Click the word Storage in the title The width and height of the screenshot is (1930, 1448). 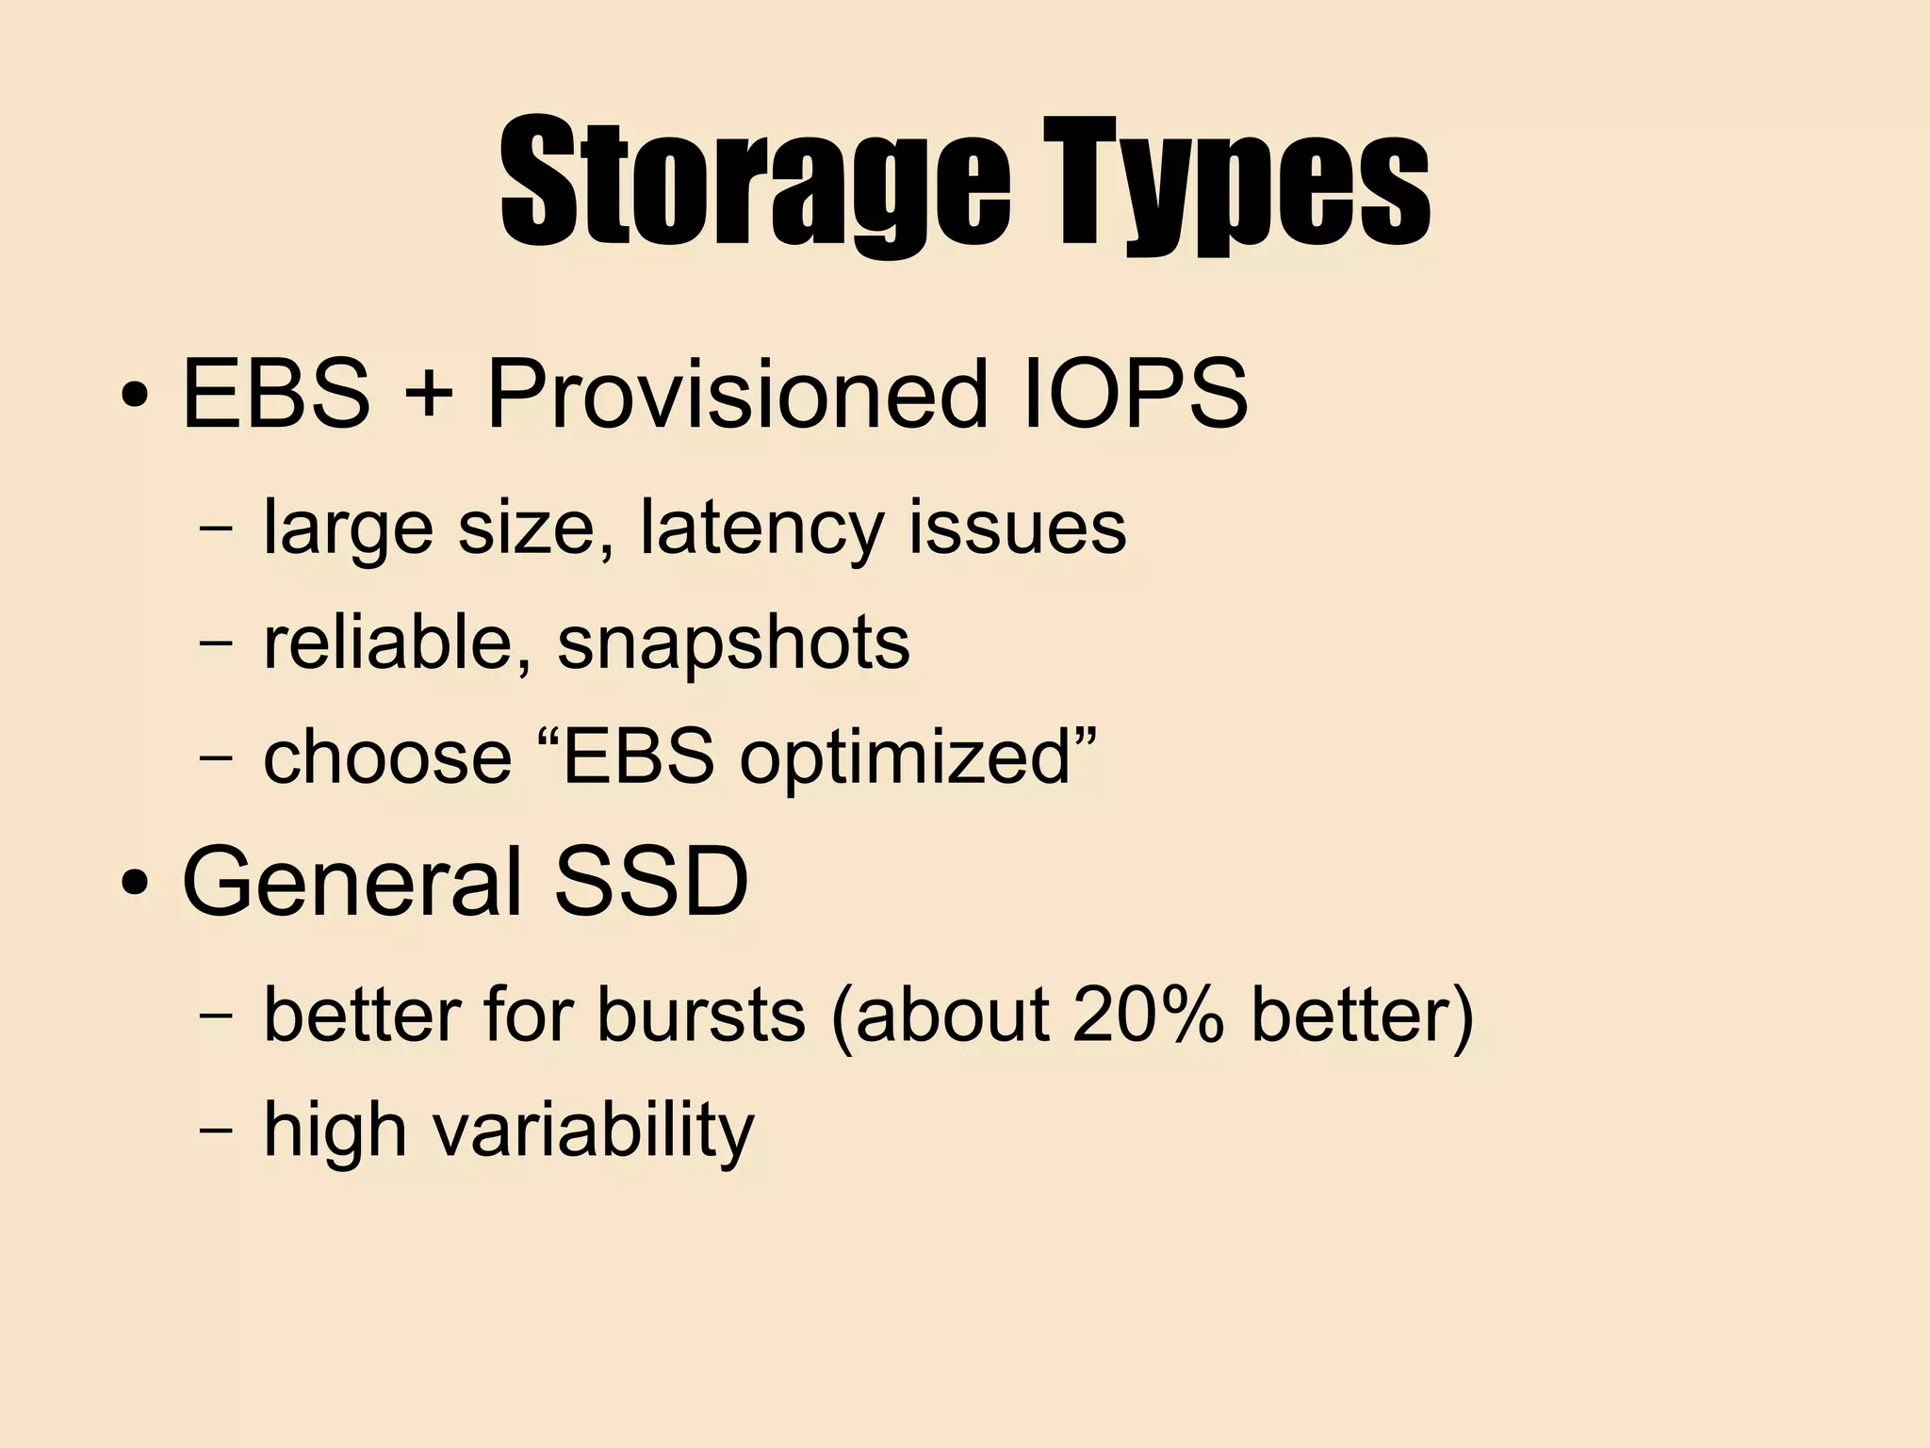(754, 184)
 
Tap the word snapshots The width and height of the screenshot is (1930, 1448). (733, 644)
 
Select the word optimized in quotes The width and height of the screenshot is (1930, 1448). (906, 759)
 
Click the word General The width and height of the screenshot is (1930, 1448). (352, 883)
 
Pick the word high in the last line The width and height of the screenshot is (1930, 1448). (335, 1130)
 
